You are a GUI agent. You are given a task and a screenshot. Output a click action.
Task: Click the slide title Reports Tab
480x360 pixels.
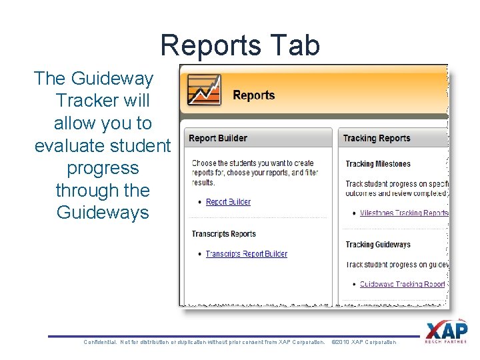[240, 45]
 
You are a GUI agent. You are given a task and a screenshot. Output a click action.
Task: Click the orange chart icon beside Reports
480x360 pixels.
[204, 89]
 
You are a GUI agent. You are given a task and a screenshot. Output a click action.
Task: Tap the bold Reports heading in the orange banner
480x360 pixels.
[253, 95]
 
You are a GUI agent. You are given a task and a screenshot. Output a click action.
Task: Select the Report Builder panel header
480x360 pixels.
[218, 139]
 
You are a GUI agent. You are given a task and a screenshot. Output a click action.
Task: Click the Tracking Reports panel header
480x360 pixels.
[376, 139]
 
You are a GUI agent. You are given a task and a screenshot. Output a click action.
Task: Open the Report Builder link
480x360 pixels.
[228, 202]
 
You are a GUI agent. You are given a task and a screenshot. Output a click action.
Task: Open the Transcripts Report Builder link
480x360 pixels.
[246, 254]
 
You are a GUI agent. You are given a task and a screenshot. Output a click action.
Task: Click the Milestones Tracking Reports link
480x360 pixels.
[403, 213]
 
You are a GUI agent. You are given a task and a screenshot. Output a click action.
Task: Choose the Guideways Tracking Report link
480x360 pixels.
[402, 284]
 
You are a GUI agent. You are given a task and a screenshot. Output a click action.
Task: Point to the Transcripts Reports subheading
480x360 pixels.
[223, 234]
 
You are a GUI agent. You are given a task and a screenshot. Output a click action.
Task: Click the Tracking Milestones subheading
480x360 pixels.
[378, 164]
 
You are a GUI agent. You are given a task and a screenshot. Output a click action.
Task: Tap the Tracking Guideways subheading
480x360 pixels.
[377, 245]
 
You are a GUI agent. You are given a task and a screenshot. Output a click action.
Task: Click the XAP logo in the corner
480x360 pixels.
[446, 332]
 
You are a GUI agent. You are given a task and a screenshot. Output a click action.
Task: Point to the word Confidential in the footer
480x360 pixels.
[100, 342]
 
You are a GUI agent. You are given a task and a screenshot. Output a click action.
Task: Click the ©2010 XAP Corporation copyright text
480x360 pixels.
[363, 342]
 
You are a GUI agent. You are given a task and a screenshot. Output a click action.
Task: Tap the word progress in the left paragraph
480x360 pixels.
[103, 168]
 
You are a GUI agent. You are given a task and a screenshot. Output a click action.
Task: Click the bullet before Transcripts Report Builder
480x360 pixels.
[200, 254]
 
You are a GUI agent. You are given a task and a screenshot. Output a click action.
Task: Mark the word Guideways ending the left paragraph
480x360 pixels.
[103, 213]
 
